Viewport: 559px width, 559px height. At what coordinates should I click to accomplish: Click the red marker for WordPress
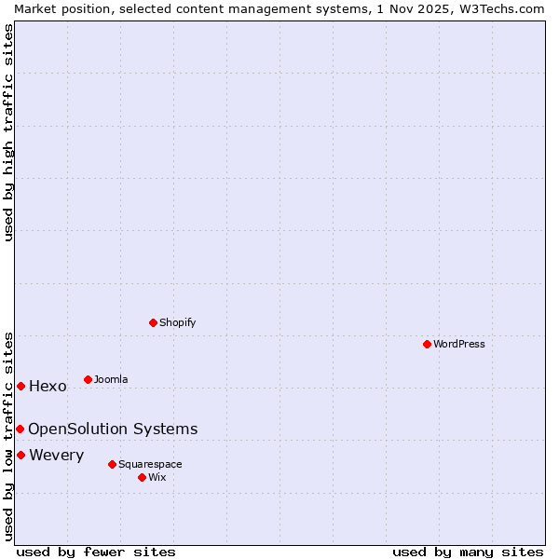427,344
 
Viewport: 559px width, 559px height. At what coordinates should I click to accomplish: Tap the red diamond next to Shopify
153,322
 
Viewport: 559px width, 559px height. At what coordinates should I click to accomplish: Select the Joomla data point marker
88,379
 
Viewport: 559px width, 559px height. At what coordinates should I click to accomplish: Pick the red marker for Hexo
20,386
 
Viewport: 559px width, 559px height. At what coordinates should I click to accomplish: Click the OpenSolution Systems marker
20,429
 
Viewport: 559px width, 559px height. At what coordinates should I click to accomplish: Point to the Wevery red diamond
20,455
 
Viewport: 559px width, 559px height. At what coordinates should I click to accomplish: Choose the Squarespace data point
112,464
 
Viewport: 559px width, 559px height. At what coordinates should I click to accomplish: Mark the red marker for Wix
142,477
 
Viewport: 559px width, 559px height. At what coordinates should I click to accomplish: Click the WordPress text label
459,344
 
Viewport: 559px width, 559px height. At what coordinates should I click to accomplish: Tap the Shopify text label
178,322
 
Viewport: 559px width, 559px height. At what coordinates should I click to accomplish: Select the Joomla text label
111,379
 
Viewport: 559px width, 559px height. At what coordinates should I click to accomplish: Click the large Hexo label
48,386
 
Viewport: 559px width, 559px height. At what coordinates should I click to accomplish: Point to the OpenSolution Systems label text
113,429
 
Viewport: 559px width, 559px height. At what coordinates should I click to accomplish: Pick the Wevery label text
56,455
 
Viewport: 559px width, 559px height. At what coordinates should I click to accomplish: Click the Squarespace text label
150,464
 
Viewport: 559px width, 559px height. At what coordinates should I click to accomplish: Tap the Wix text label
157,477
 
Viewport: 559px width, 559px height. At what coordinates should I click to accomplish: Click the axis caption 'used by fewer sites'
96,552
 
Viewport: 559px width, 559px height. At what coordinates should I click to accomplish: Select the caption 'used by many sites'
468,552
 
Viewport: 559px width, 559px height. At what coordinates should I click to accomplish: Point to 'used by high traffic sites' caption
8,132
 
